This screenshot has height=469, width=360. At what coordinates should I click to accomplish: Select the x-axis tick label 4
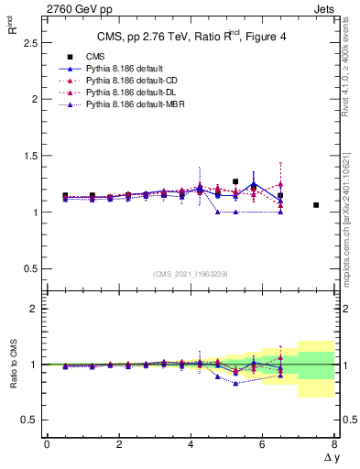[x=191, y=444]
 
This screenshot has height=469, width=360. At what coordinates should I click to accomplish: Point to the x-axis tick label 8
[x=334, y=444]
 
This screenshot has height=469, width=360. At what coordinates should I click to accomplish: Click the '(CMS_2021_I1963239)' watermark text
[x=191, y=273]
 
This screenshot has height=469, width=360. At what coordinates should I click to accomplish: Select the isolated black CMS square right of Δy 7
[x=316, y=205]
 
